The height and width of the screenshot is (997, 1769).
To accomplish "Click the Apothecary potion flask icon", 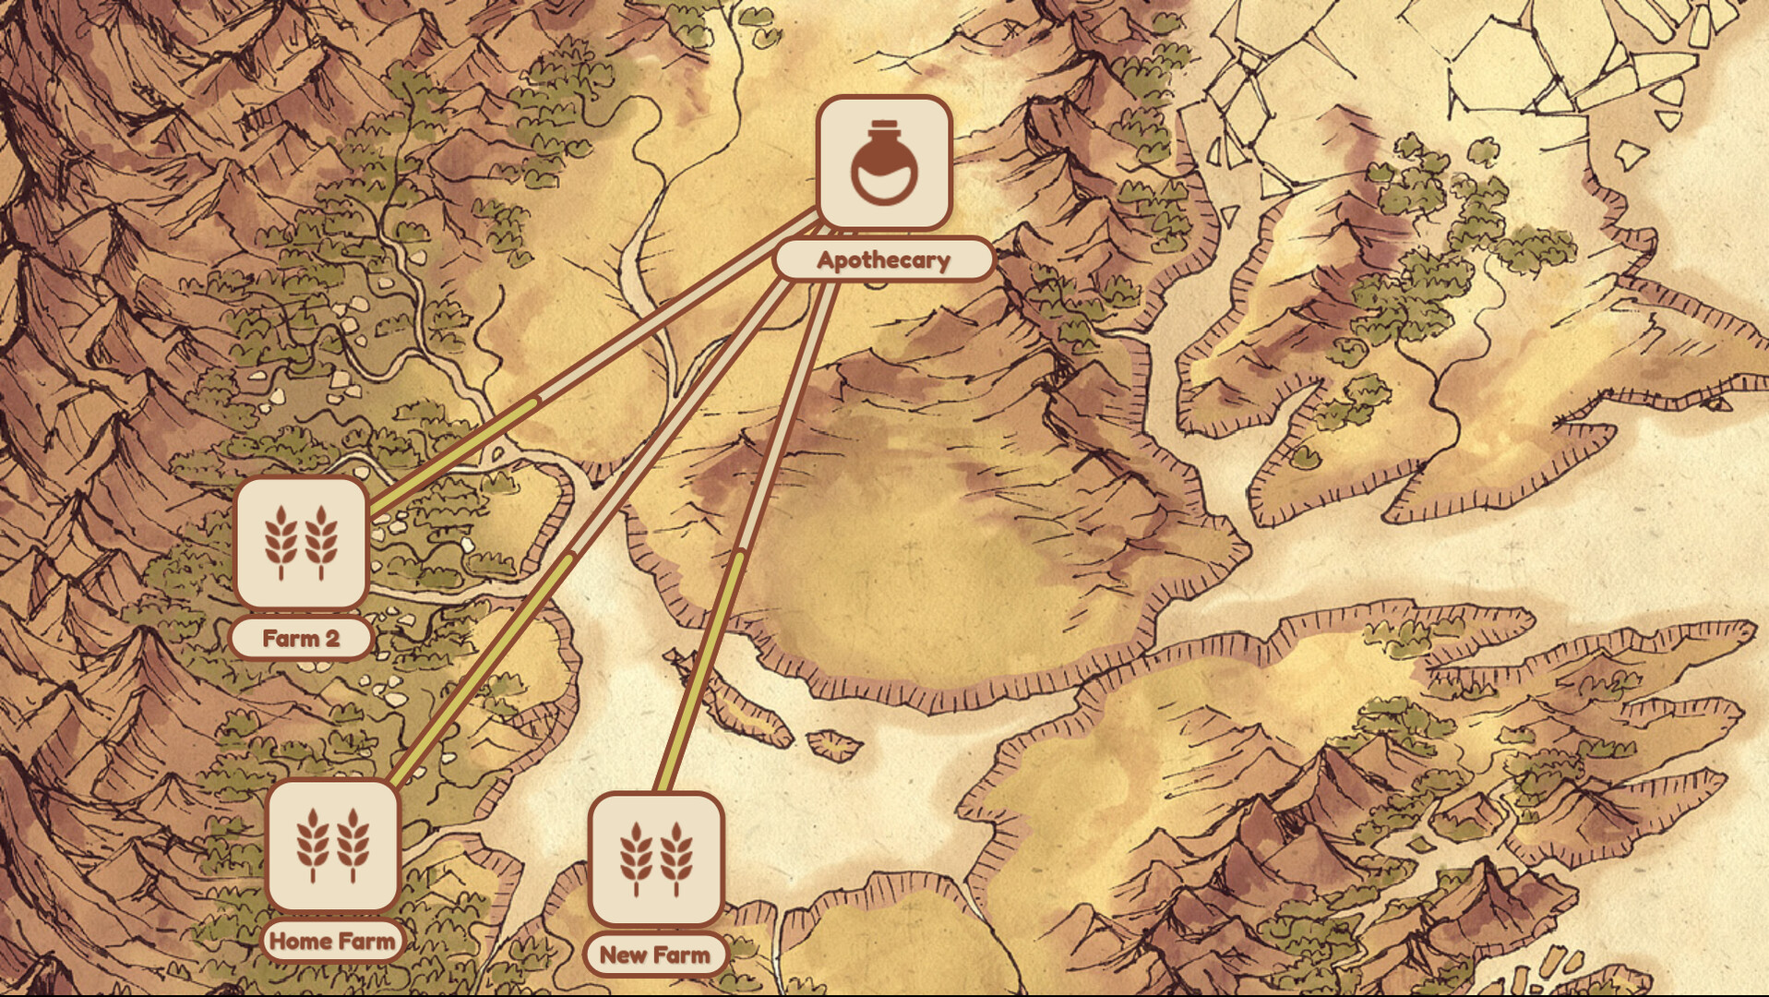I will click(883, 162).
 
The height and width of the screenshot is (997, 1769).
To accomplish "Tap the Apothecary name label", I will click(883, 260).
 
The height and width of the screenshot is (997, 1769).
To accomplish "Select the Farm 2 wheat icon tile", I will click(301, 543).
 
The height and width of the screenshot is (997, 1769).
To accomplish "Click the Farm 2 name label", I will click(301, 638).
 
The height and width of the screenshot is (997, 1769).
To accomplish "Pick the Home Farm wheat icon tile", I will click(332, 846).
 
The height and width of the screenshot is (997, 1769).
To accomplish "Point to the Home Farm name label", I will click(332, 942).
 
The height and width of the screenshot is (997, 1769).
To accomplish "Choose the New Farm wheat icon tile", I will click(655, 859).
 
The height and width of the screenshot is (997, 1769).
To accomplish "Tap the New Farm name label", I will click(655, 955).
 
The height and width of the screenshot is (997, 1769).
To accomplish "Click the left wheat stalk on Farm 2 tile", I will click(281, 543).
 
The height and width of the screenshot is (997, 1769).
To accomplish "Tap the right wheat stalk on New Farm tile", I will click(676, 859).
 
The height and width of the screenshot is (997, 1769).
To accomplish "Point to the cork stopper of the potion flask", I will click(883, 126).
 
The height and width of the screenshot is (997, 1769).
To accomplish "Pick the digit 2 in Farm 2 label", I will click(331, 638).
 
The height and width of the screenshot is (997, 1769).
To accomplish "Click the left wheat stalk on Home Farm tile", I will click(312, 846).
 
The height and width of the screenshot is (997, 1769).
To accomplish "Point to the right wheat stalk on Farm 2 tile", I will click(321, 543).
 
